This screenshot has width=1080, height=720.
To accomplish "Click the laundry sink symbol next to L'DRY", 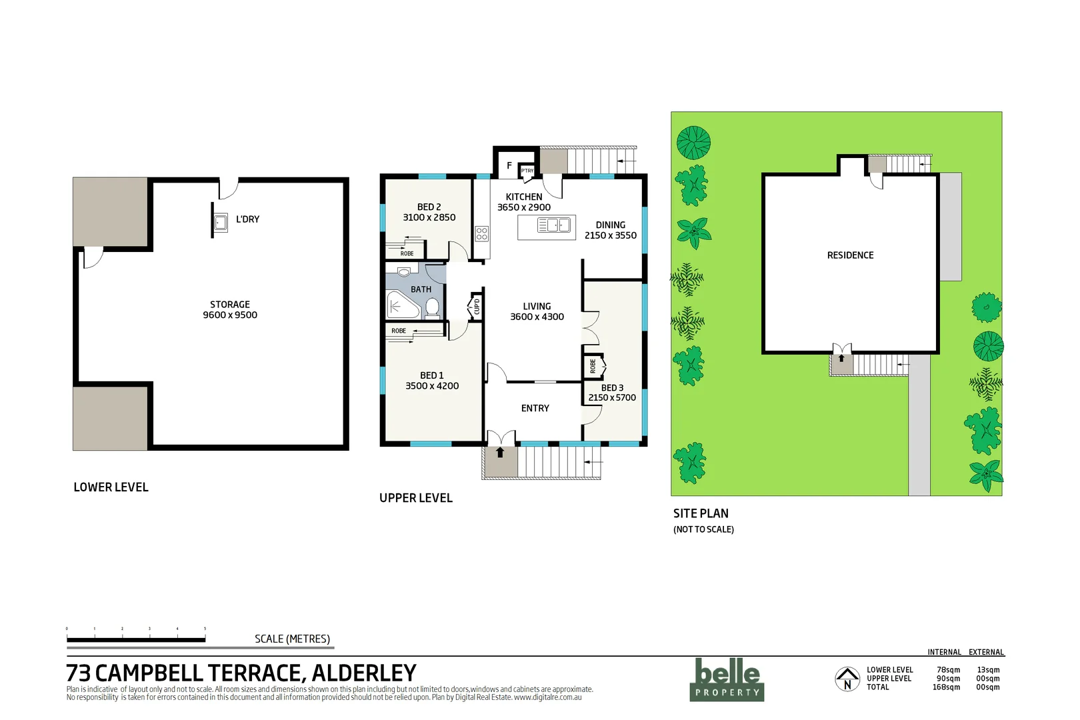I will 221,222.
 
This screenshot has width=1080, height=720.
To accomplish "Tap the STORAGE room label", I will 230,305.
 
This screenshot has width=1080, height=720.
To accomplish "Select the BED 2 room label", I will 429,207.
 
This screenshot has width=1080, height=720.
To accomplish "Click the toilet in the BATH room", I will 432,307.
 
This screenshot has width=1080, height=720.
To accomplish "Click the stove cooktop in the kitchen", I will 481,233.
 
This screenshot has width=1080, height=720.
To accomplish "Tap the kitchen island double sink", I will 554,226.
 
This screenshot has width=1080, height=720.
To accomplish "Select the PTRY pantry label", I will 527,171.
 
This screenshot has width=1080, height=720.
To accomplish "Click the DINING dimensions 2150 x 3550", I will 610,235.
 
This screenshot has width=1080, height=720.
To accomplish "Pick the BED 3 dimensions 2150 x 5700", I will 611,398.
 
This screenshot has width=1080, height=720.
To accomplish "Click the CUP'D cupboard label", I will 476,307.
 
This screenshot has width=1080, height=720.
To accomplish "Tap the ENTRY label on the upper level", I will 535,408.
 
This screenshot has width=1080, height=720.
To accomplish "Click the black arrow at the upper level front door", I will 500,453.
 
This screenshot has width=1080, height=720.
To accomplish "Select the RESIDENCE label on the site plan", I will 850,255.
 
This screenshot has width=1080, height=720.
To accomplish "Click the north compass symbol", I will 847,679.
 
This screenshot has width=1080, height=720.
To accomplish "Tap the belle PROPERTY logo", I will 727,679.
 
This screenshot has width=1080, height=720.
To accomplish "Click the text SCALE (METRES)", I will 292,639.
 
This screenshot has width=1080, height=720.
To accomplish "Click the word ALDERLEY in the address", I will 364,673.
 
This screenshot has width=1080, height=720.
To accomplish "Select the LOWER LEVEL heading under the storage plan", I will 111,487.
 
